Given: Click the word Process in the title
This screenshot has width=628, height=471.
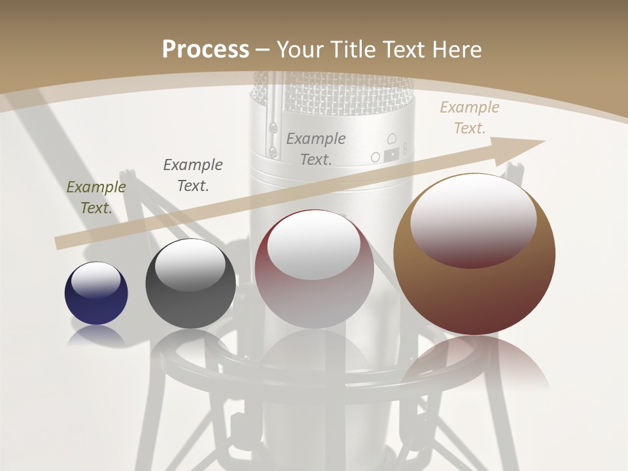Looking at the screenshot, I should click(205, 49).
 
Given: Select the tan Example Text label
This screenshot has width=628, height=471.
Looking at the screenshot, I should click(470, 118).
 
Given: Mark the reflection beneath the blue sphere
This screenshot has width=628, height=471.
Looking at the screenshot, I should click(96, 336).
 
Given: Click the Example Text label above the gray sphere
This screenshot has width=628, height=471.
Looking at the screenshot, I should click(193, 175).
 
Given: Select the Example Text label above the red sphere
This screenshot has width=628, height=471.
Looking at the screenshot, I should click(316, 148).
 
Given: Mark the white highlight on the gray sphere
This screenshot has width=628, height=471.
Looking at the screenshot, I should click(190, 266).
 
